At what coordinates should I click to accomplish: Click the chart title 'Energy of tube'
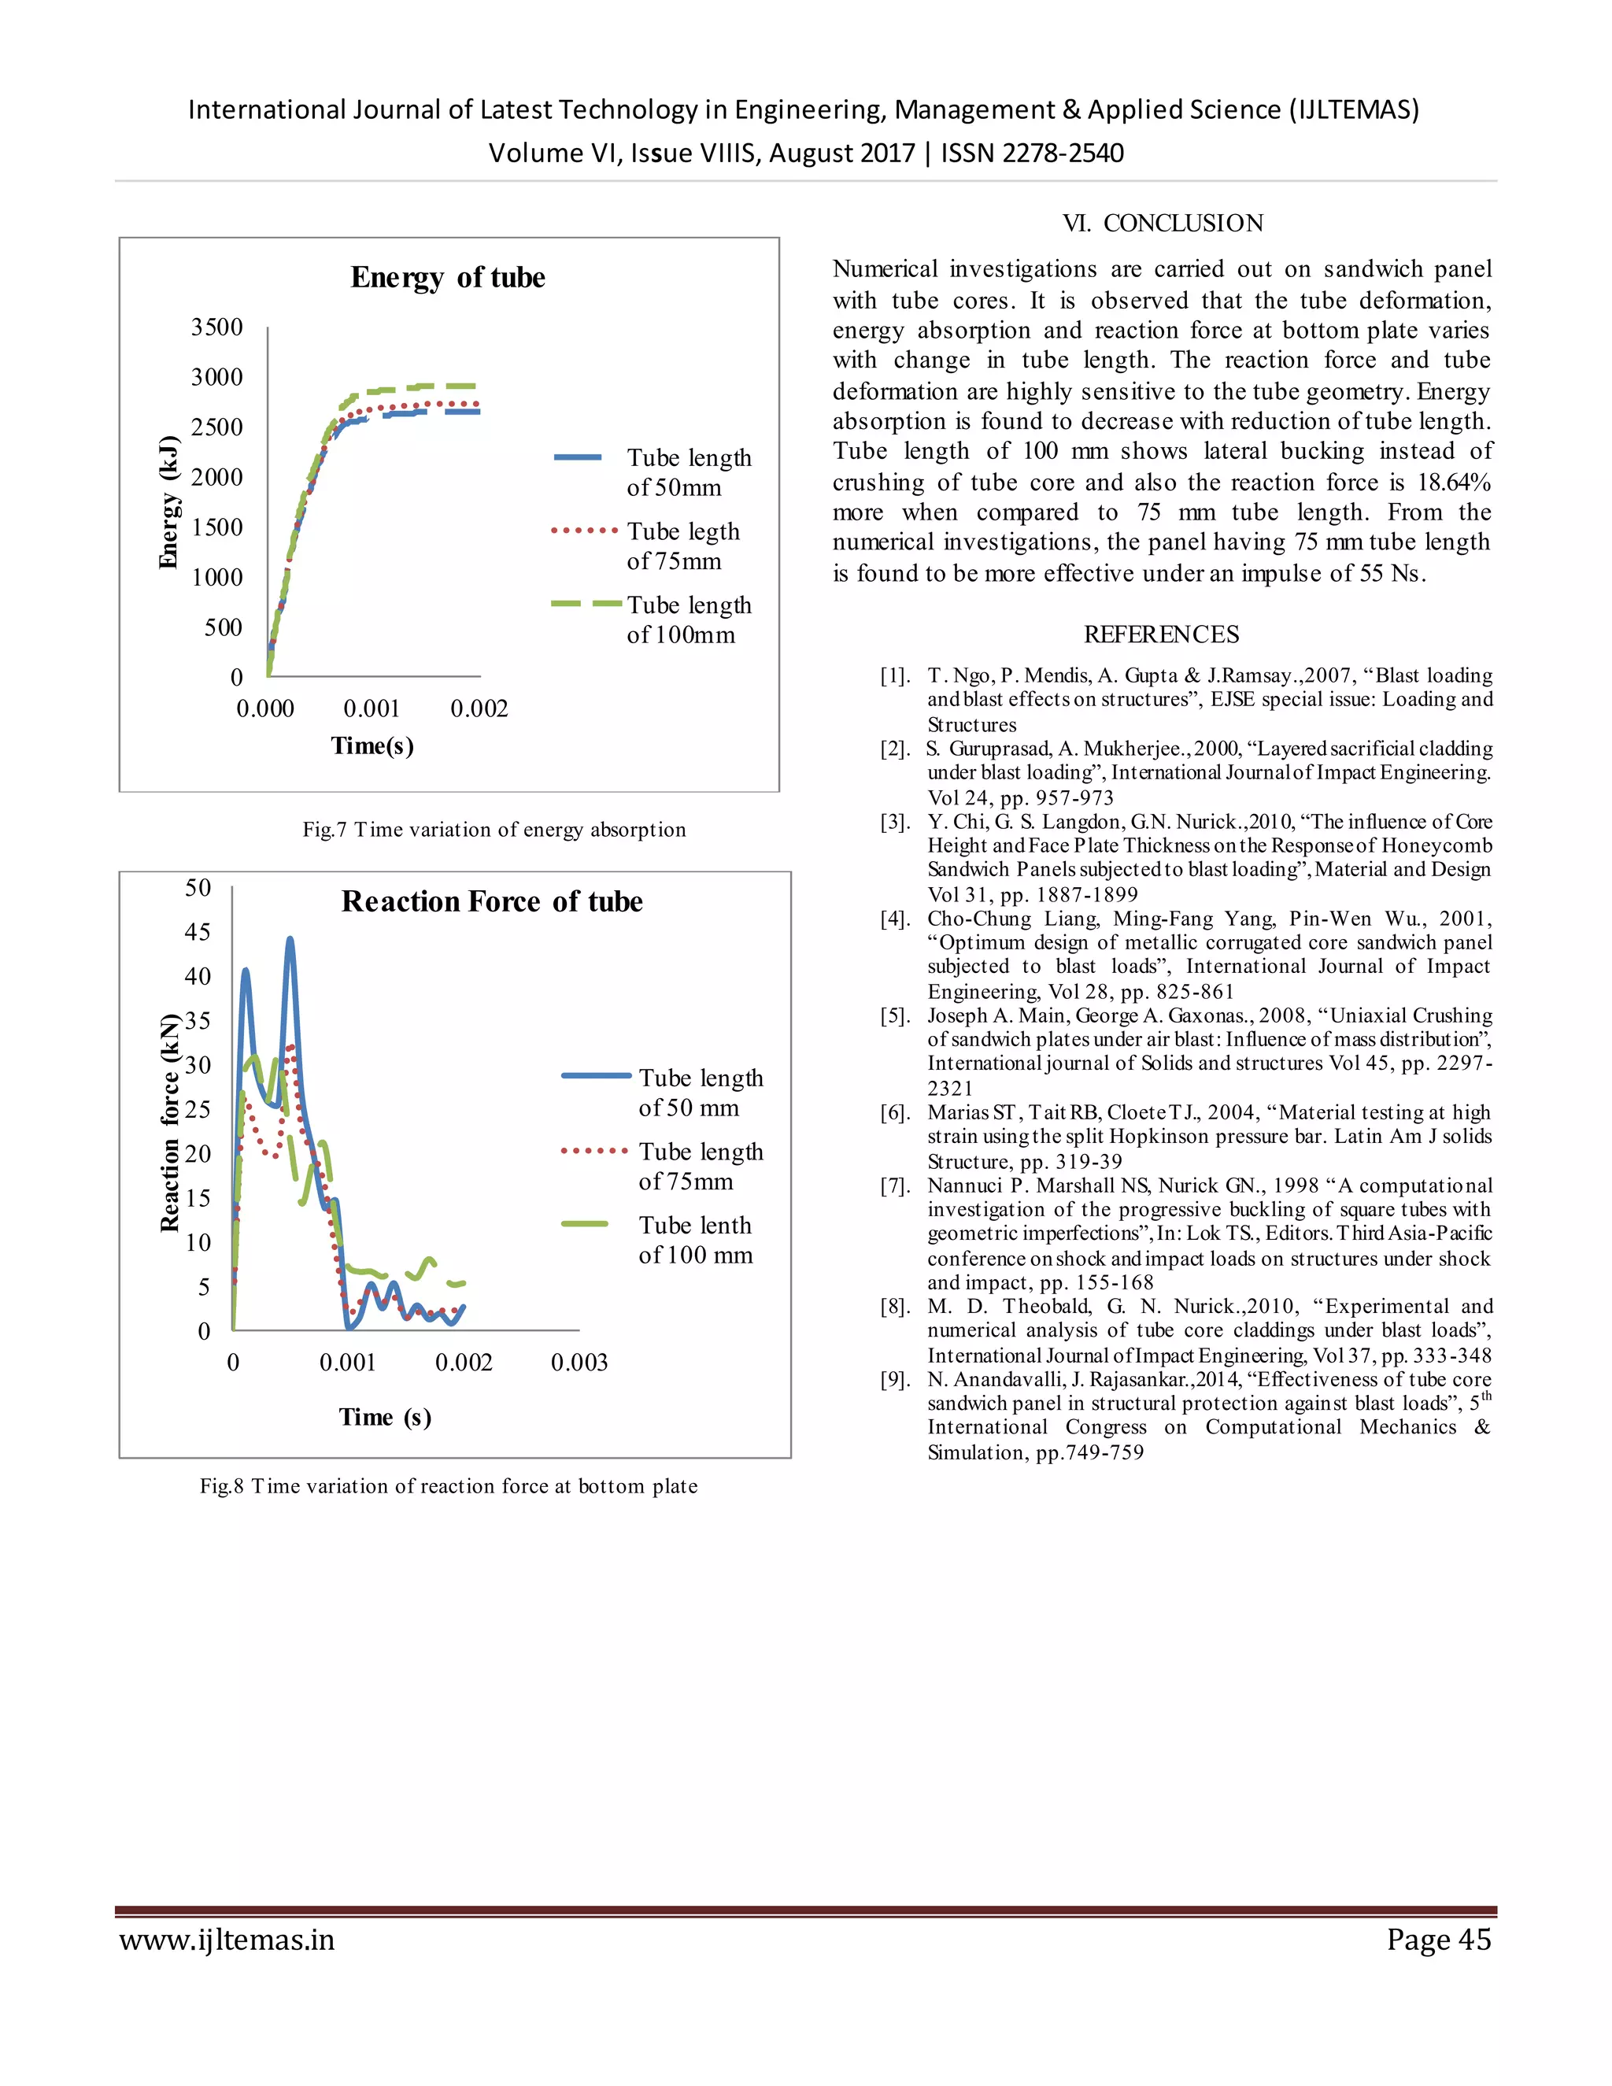pyautogui.click(x=447, y=277)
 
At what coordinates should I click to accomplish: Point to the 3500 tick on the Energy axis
pyautogui.click(x=216, y=327)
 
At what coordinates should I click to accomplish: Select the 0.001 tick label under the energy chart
pyautogui.click(x=372, y=708)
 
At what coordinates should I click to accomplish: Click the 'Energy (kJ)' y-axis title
pyautogui.click(x=168, y=502)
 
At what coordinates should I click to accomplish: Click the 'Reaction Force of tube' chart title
pyautogui.click(x=492, y=901)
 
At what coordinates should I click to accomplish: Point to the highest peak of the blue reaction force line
pyautogui.click(x=290, y=940)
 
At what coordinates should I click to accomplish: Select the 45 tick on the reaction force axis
pyautogui.click(x=198, y=931)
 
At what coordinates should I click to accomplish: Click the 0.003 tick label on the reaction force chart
pyautogui.click(x=579, y=1362)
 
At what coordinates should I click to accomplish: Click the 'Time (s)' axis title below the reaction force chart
pyautogui.click(x=385, y=1418)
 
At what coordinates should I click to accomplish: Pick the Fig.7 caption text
pyautogui.click(x=494, y=829)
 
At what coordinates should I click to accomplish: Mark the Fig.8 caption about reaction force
pyautogui.click(x=448, y=1486)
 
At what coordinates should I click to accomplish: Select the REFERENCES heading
pyautogui.click(x=1161, y=634)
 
